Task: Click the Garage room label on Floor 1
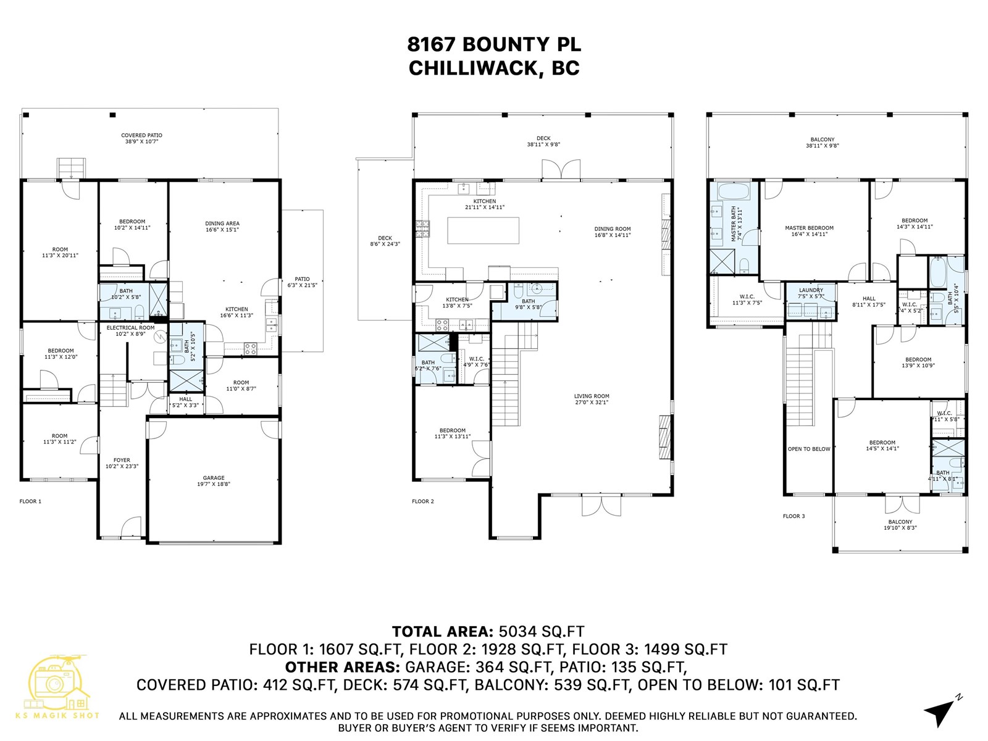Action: [214, 478]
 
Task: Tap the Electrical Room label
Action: [130, 328]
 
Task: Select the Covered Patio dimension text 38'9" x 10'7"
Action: [141, 141]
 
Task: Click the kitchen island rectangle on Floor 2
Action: [483, 230]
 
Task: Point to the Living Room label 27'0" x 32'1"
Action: [591, 400]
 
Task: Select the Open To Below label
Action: [808, 449]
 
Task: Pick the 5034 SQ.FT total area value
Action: [541, 632]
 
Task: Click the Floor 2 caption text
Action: [423, 501]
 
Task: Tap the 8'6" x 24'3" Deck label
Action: [385, 241]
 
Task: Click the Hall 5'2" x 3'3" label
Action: [186, 402]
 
